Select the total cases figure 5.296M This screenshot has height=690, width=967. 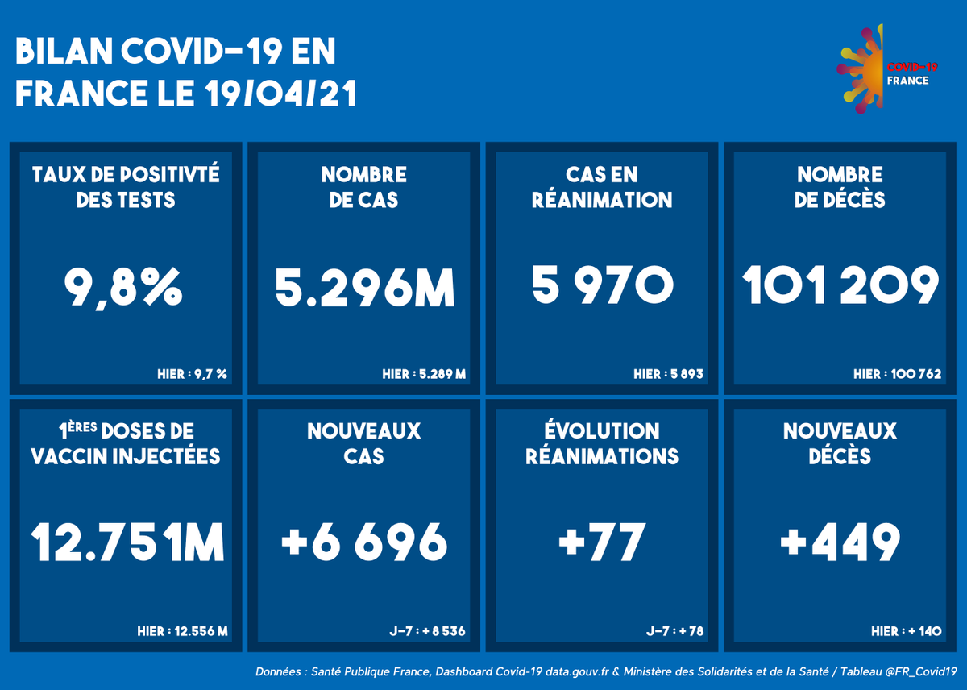pyautogui.click(x=364, y=288)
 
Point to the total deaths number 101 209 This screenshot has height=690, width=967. pyautogui.click(x=840, y=286)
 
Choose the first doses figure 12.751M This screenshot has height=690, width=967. pyautogui.click(x=127, y=542)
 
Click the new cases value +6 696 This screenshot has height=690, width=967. pyautogui.click(x=364, y=542)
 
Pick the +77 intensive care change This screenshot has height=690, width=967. pyautogui.click(x=602, y=542)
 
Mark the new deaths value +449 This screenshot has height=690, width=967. pyautogui.click(x=840, y=542)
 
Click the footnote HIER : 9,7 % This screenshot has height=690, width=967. pyautogui.click(x=192, y=374)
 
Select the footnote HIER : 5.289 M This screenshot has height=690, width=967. pyautogui.click(x=424, y=374)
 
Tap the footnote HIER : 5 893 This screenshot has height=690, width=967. pyautogui.click(x=668, y=374)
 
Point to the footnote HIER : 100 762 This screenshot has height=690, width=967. pyautogui.click(x=897, y=374)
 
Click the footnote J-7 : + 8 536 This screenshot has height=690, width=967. pyautogui.click(x=427, y=630)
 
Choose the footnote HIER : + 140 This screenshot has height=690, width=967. pyautogui.click(x=906, y=630)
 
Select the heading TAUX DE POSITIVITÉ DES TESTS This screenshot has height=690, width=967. pyautogui.click(x=126, y=187)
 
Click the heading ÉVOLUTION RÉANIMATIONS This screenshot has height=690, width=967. pyautogui.click(x=602, y=443)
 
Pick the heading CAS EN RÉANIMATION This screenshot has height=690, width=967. pyautogui.click(x=602, y=187)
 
